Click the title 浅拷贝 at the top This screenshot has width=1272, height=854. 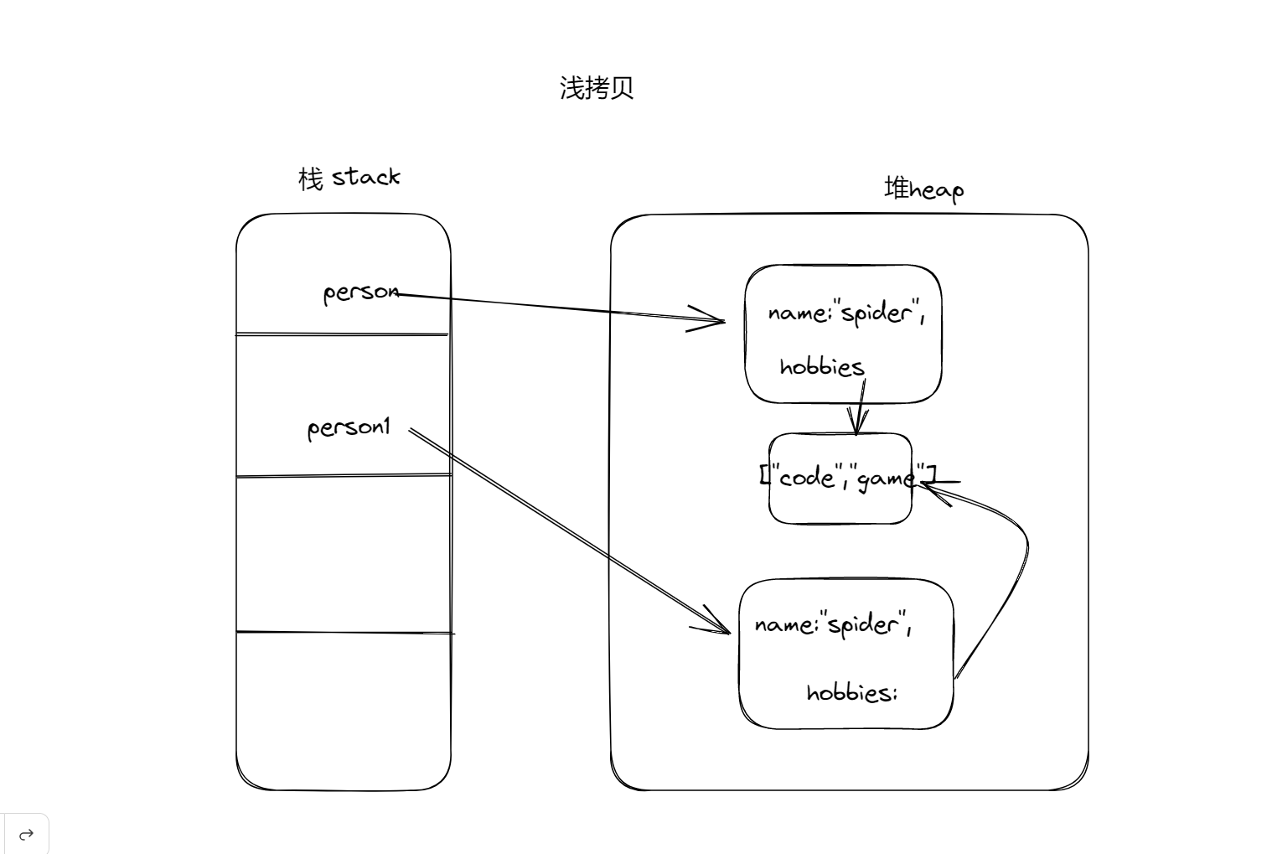[597, 88]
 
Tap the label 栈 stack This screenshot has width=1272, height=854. [349, 178]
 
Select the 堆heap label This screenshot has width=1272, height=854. [924, 189]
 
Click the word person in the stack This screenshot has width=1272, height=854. [361, 292]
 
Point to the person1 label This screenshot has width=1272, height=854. [349, 428]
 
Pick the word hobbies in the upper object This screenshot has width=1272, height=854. [821, 367]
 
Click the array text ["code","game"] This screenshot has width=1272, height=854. [846, 478]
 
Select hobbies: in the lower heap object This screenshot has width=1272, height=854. [851, 693]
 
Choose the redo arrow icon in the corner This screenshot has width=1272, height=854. [26, 834]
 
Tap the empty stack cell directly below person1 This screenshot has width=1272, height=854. [344, 554]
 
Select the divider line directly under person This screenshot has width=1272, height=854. [342, 334]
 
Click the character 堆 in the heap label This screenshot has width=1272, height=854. [897, 188]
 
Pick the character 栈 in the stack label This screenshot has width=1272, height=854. [310, 179]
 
